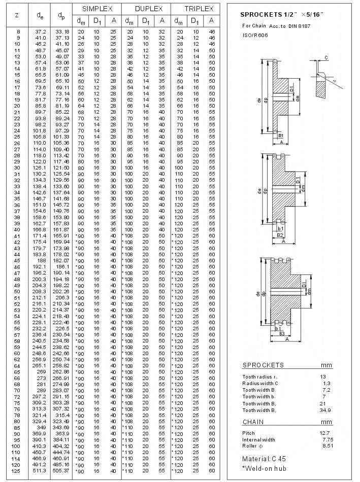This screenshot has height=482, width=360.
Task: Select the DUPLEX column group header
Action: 149,9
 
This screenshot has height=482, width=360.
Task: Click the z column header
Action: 17,15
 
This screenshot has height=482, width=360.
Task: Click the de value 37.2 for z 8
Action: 41,31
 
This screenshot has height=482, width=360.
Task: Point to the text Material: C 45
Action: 264,458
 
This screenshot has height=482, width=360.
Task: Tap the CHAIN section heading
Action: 253,422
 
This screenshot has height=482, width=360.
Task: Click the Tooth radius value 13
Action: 323,376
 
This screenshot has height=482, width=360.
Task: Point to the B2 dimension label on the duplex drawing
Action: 280,235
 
